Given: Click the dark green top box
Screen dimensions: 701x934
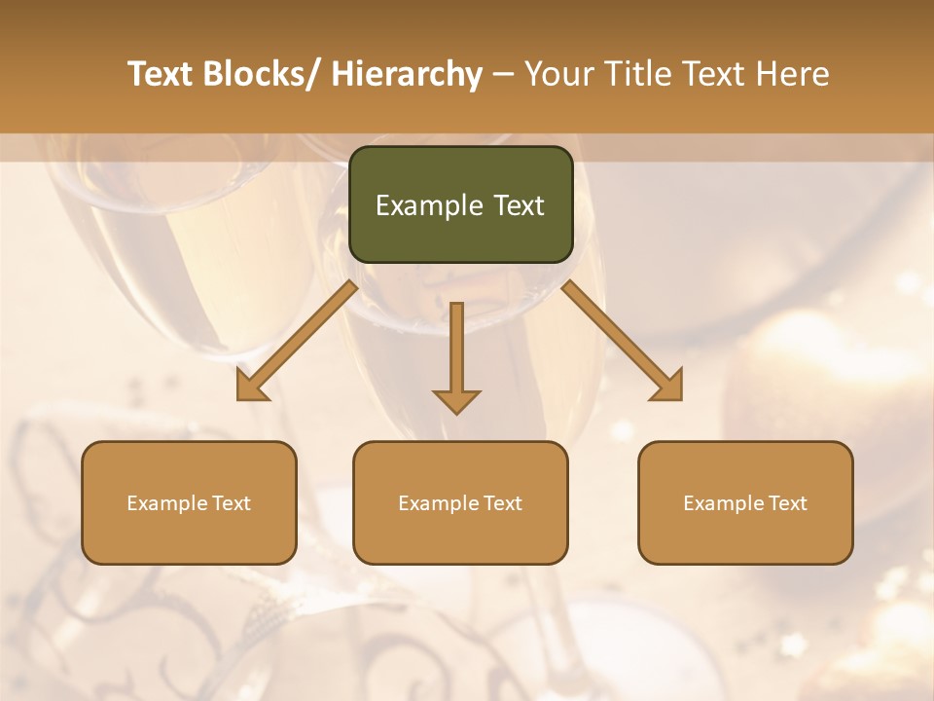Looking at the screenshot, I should (460, 204).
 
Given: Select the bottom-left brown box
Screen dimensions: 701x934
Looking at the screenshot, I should (189, 502).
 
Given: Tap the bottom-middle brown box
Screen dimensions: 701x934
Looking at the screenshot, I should (460, 502).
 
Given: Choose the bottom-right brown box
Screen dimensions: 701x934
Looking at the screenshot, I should (745, 502).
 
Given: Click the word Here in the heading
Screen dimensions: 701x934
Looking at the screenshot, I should (794, 74).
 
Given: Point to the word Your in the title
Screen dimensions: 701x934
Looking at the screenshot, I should (558, 74).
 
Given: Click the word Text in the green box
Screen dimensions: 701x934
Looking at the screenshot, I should (520, 205).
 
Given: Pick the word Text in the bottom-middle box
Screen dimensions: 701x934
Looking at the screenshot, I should (500, 503).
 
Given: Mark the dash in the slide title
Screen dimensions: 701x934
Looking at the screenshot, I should (503, 74).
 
